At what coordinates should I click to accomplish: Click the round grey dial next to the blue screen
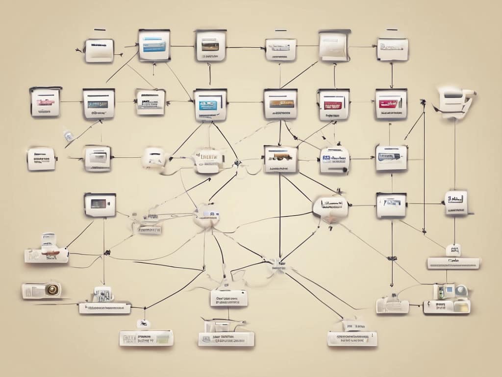[461, 291]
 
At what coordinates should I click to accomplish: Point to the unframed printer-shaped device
[455, 101]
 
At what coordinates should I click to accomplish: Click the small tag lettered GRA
[453, 250]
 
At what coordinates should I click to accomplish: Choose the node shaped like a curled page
[335, 45]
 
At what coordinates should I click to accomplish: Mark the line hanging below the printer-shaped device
[454, 147]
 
